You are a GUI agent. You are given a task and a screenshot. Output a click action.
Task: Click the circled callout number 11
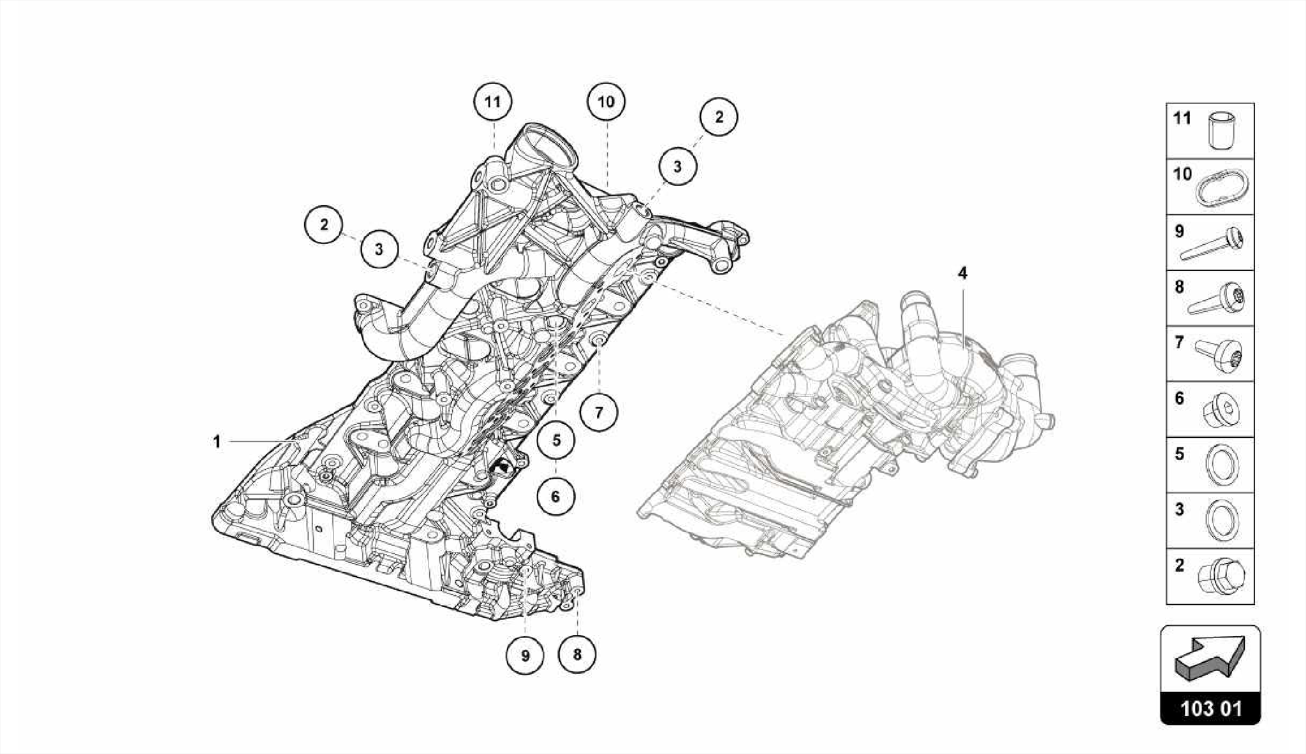tap(492, 101)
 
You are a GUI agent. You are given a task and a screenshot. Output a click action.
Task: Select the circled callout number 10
tap(606, 101)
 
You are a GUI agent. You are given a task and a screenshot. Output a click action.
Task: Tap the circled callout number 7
tap(599, 412)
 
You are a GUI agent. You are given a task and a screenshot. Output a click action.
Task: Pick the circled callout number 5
tap(556, 440)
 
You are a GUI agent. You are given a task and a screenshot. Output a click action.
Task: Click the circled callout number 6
tap(555, 496)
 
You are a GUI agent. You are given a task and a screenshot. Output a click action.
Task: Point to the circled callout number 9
tap(525, 655)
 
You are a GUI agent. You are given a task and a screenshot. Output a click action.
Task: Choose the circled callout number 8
tap(577, 654)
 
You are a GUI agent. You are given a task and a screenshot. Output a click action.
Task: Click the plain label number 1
tap(217, 441)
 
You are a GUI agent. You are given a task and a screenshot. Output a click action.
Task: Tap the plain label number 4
tap(962, 273)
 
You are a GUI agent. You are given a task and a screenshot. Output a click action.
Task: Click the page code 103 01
tap(1210, 709)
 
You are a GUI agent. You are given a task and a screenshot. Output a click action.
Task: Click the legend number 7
tap(1179, 343)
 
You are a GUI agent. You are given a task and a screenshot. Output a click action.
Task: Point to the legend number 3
tap(1179, 509)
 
